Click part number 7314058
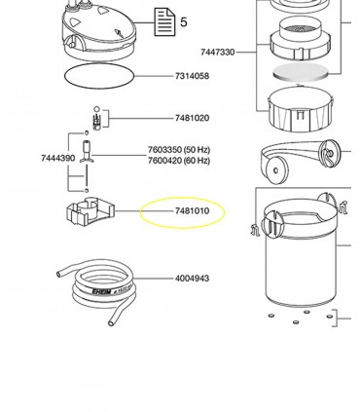pyautogui.click(x=192, y=76)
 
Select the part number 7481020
pyautogui.click(x=192, y=118)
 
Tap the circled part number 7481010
pyautogui.click(x=192, y=211)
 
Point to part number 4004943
pyautogui.click(x=192, y=279)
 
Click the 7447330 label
pyautogui.click(x=217, y=52)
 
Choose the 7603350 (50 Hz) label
pyautogui.click(x=179, y=150)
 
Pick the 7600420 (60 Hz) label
pyautogui.click(x=179, y=161)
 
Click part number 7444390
pyautogui.click(x=58, y=158)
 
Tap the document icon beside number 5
pyautogui.click(x=164, y=22)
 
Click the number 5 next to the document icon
pyautogui.click(x=184, y=22)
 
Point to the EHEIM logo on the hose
pyautogui.click(x=101, y=291)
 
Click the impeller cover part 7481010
pyautogui.click(x=90, y=211)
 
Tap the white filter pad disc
pyautogui.click(x=300, y=73)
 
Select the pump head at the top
pyautogui.click(x=99, y=31)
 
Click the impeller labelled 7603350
pyautogui.click(x=87, y=152)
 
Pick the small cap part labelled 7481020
pyautogui.click(x=96, y=119)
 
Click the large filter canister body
pyautogui.click(x=301, y=253)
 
